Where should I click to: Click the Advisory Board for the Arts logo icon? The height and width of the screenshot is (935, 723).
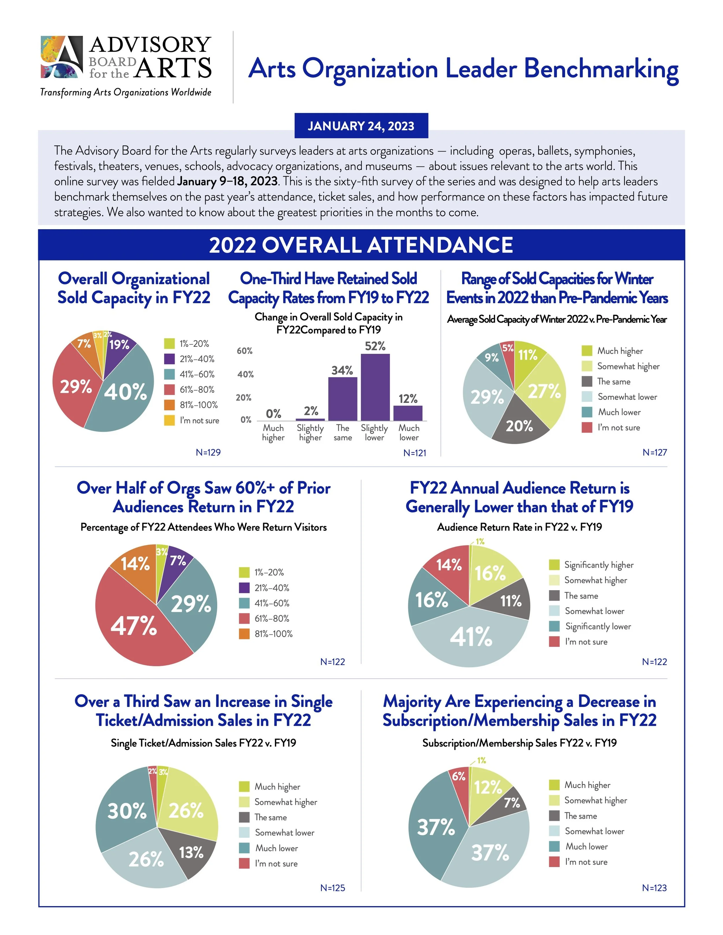pyautogui.click(x=62, y=57)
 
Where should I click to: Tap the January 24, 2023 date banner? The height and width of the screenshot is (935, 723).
pyautogui.click(x=361, y=126)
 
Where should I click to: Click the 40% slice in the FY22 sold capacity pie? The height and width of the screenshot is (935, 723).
pyautogui.click(x=124, y=392)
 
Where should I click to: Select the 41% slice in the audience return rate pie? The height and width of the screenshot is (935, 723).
pyautogui.click(x=471, y=637)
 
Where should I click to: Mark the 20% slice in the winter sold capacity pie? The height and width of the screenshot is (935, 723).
pyautogui.click(x=519, y=426)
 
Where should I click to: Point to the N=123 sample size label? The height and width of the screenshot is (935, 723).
pyautogui.click(x=654, y=888)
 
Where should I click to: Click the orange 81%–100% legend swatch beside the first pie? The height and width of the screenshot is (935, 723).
pyautogui.click(x=169, y=405)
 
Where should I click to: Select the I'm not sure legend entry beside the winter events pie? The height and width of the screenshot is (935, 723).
pyautogui.click(x=619, y=428)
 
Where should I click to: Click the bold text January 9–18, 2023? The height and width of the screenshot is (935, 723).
pyautogui.click(x=227, y=182)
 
